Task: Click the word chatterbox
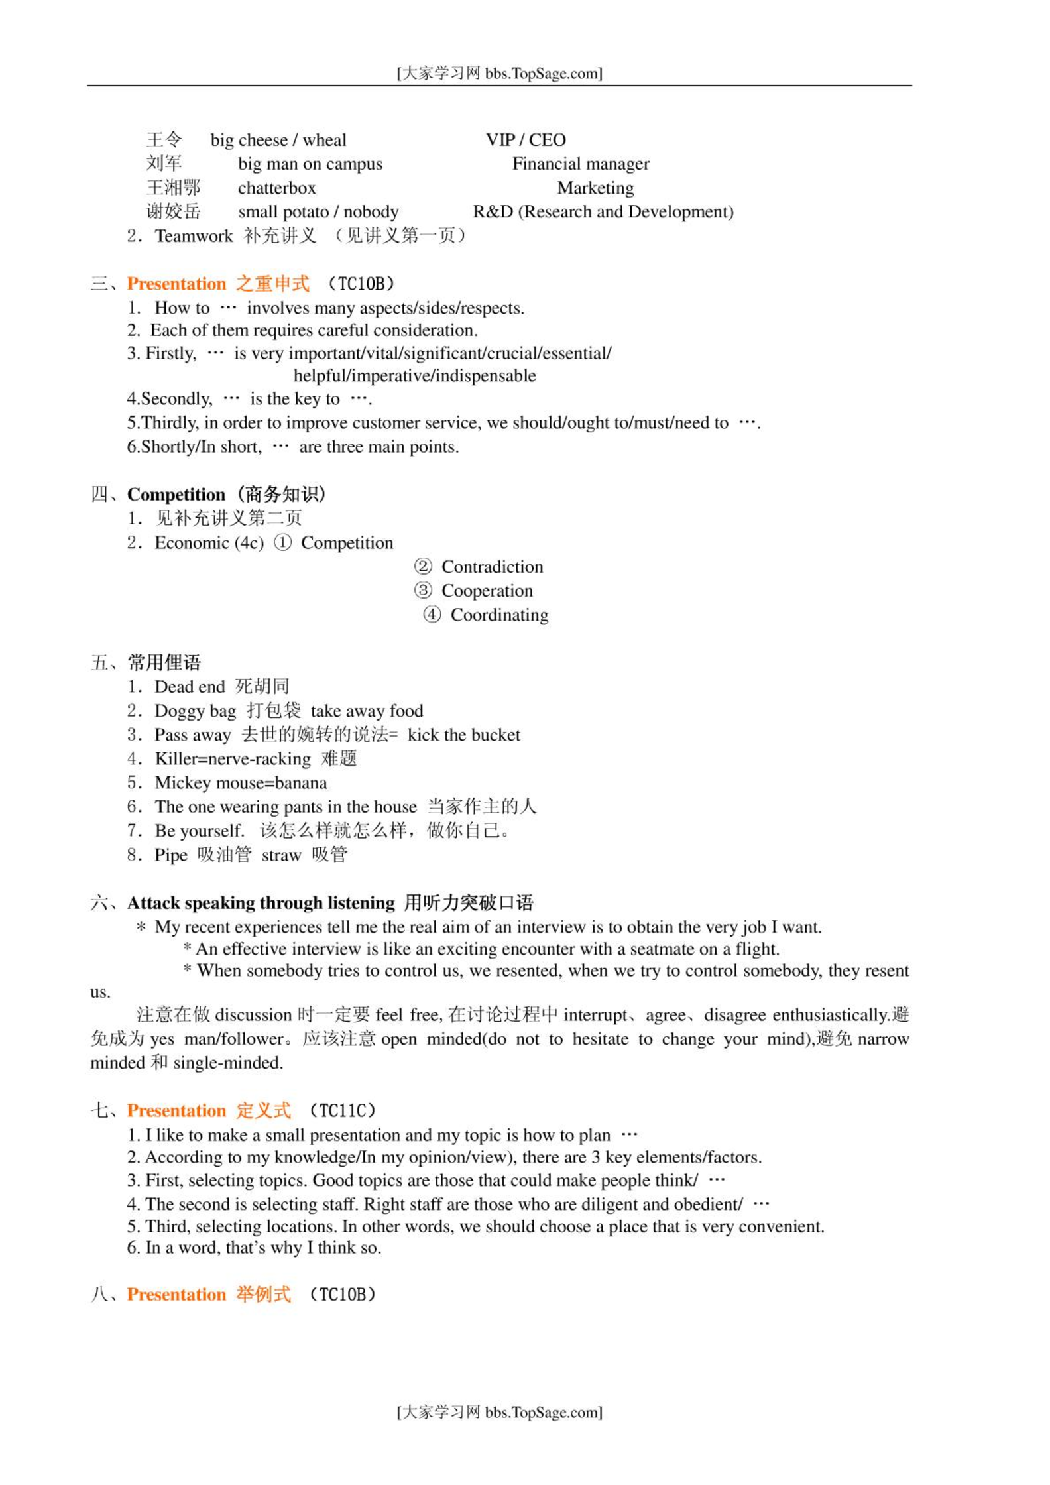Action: [276, 188]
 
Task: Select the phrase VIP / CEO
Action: [526, 140]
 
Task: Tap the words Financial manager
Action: [581, 164]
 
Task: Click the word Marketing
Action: [595, 188]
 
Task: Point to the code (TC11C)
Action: [343, 1110]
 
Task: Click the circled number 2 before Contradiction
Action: [423, 567]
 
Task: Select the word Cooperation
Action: [487, 591]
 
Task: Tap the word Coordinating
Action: [499, 615]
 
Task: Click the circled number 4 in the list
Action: [432, 615]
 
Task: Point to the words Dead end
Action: [190, 687]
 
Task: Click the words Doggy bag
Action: [196, 711]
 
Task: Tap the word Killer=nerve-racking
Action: [233, 759]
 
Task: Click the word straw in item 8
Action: [281, 855]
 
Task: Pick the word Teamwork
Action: [194, 236]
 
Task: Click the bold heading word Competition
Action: [176, 495]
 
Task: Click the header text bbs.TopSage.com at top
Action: [543, 74]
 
